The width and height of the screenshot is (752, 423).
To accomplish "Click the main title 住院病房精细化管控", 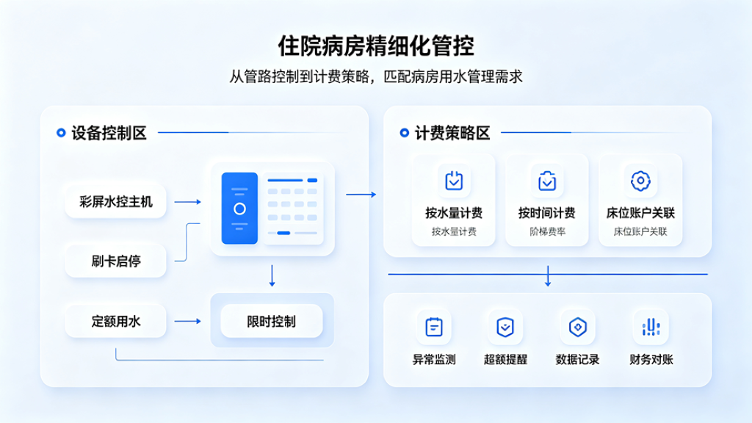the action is coord(376,46).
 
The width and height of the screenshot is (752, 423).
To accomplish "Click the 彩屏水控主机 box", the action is coord(115,201).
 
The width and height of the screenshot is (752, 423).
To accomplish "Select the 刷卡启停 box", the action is coord(115,261).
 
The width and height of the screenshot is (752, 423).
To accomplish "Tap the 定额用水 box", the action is coord(115,321).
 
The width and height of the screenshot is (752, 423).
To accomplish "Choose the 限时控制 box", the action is coord(272,321).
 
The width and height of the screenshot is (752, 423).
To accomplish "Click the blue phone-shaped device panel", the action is coord(239,208).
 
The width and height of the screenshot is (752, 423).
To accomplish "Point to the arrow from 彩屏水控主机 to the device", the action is coord(187,202).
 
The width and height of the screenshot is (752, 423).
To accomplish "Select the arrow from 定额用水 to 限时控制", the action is coord(187,321).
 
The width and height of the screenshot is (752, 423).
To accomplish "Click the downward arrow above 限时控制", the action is coord(272,275).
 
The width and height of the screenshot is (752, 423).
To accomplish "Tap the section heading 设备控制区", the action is coord(109,133).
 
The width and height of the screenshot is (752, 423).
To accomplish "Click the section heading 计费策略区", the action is coord(452,133).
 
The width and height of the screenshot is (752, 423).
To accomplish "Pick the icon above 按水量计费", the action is coord(454,181).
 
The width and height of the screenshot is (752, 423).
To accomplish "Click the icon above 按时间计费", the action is coord(546,181).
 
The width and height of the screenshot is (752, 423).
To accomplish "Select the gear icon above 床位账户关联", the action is coord(640,181).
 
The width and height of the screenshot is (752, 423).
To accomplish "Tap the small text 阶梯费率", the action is coord(547,231).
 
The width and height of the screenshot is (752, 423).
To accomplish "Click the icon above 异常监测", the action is coord(434,327).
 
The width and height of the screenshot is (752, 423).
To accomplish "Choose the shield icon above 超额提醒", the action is coord(505,327).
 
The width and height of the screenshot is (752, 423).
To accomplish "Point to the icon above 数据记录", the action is coord(578,327).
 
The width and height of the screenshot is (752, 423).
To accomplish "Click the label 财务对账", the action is coord(651,359).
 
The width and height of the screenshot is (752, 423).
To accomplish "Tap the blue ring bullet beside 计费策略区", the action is coord(405,133).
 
